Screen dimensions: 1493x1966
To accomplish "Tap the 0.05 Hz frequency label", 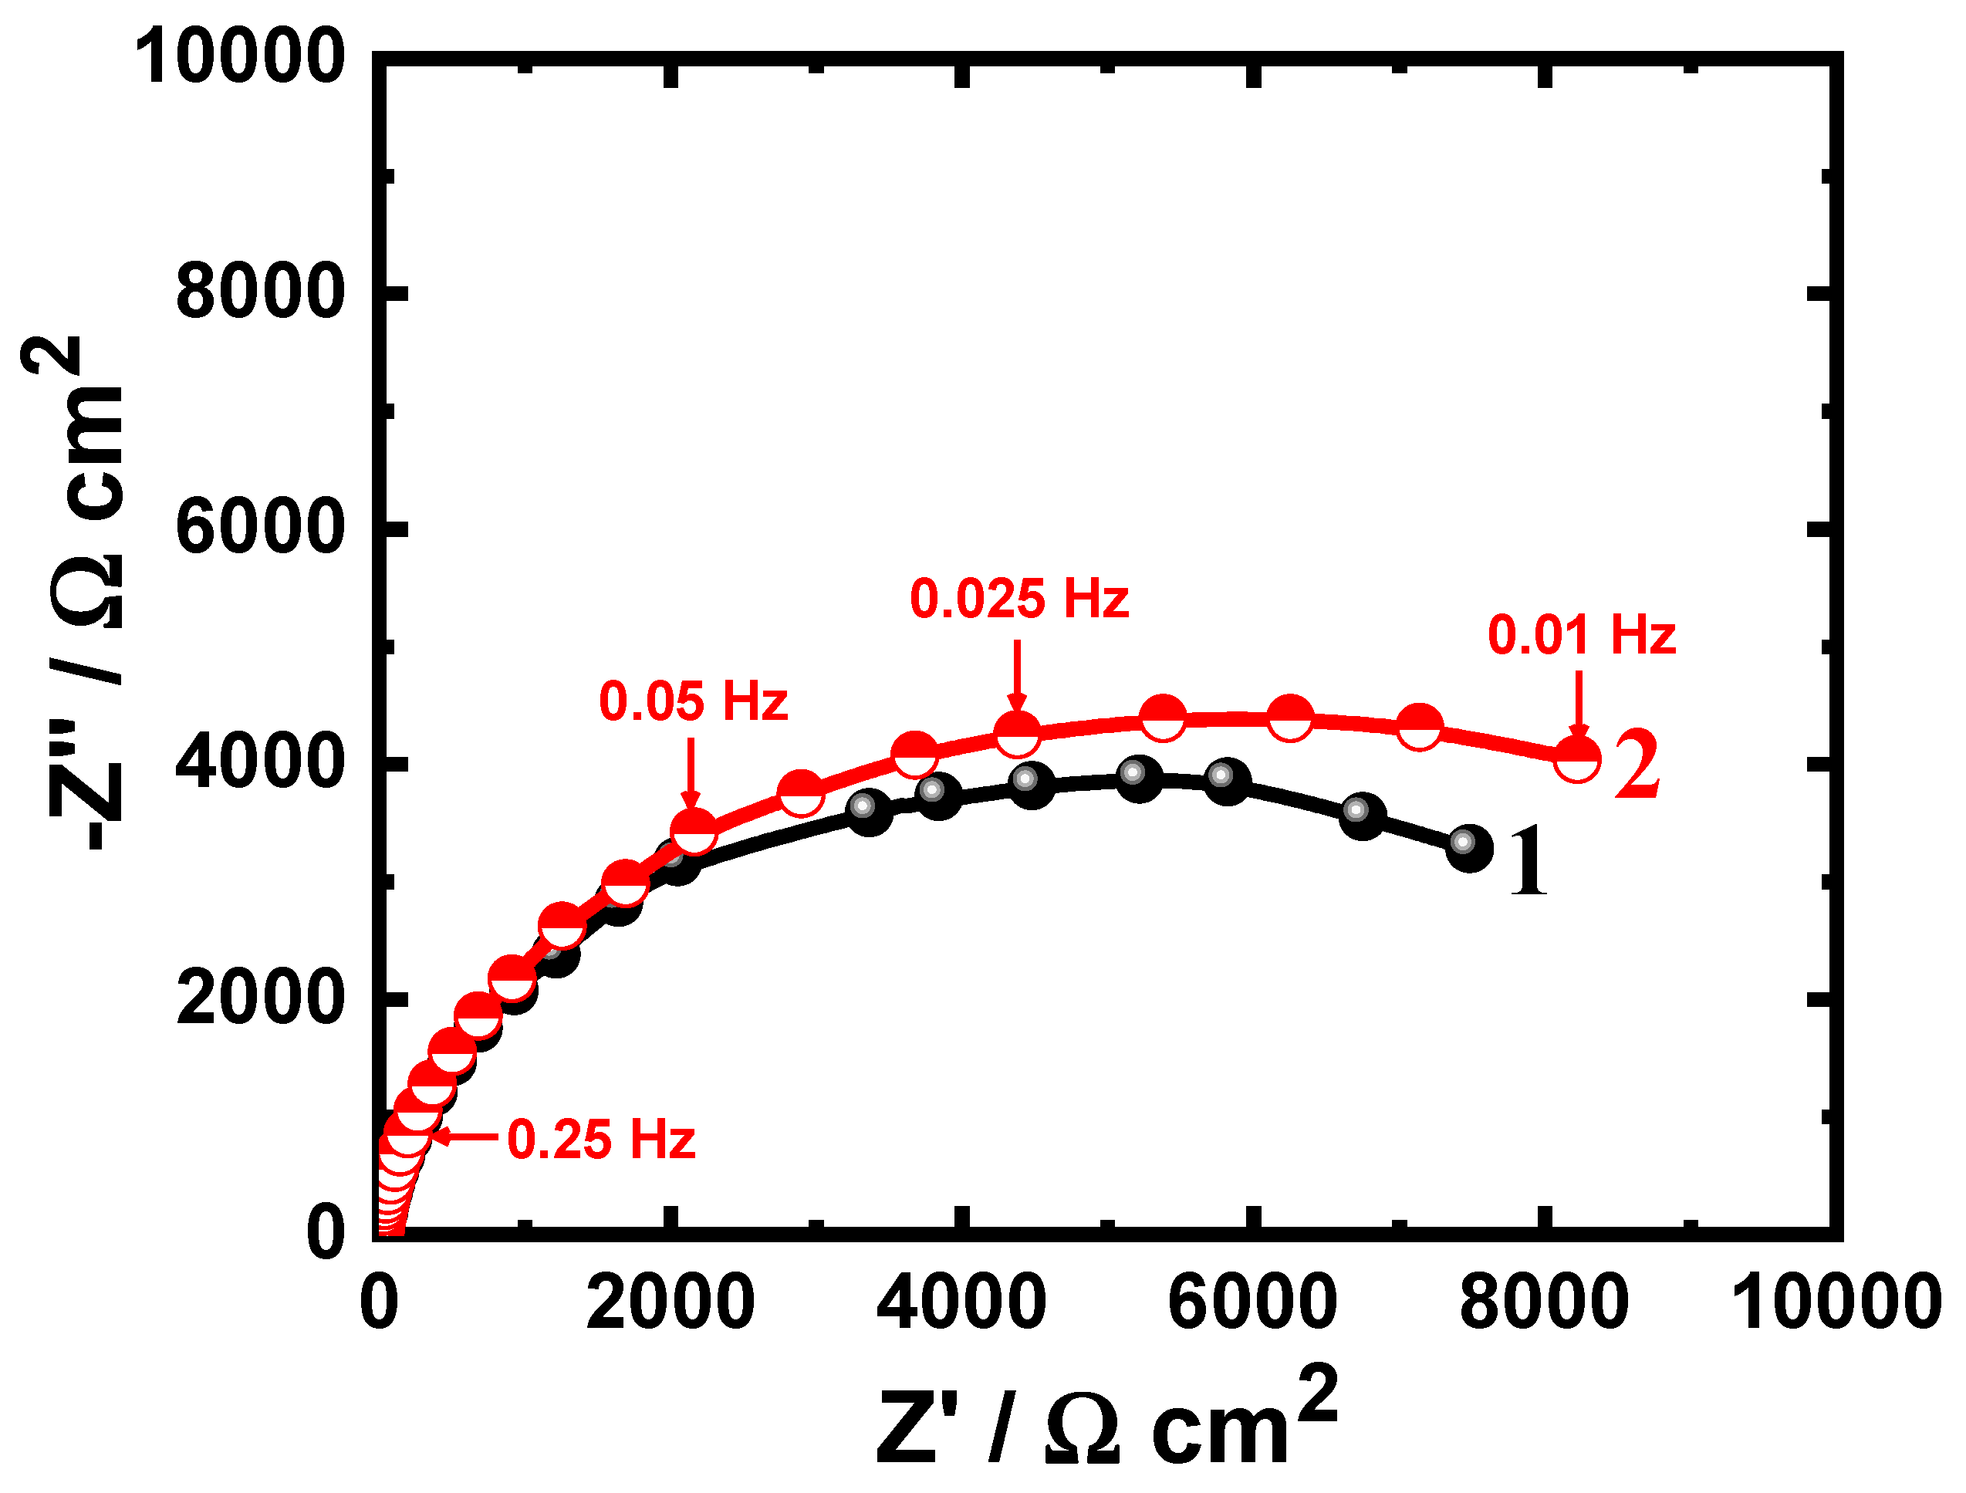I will click(x=693, y=702).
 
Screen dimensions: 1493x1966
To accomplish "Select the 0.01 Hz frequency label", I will click(x=1581, y=637).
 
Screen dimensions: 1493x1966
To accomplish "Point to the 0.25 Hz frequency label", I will click(x=601, y=1140).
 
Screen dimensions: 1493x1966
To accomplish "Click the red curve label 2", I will click(x=1637, y=765).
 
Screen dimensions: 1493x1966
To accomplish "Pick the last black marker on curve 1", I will click(x=1468, y=847).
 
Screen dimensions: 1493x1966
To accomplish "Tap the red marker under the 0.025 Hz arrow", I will click(x=1018, y=733).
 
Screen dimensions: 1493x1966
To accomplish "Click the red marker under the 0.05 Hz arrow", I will click(x=693, y=830).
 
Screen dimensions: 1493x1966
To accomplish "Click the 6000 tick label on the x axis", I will click(x=1252, y=1304).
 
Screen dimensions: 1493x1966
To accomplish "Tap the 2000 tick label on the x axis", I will click(x=671, y=1304).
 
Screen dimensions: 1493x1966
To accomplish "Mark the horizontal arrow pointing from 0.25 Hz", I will click(x=464, y=1137).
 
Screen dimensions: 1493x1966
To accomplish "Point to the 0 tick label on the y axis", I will click(x=326, y=1234).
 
